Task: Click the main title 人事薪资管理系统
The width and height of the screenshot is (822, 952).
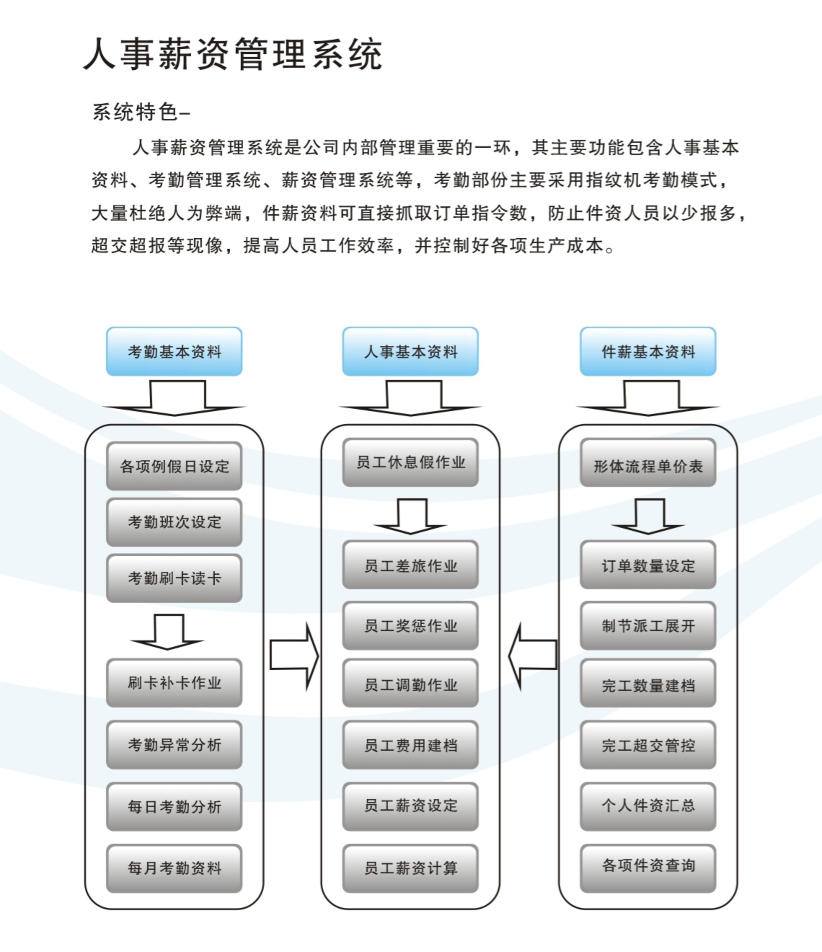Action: (233, 54)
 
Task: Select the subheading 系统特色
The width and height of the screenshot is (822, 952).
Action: (136, 112)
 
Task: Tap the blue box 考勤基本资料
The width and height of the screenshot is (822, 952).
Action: (174, 352)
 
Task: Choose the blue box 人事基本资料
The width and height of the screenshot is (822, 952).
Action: (410, 352)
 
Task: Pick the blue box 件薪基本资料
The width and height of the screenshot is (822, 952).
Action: (648, 352)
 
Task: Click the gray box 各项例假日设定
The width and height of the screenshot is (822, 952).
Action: (174, 466)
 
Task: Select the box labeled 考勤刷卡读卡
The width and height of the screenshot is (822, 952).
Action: (174, 578)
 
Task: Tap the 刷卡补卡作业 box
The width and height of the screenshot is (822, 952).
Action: (174, 682)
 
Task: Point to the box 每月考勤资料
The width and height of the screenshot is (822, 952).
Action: (174, 868)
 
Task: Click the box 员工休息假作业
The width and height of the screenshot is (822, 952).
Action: (410, 462)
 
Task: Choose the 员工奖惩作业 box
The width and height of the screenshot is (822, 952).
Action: (410, 625)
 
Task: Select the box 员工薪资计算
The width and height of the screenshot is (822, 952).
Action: (410, 868)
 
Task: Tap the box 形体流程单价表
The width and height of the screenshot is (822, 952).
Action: (648, 466)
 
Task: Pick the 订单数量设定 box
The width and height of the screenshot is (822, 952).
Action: (648, 565)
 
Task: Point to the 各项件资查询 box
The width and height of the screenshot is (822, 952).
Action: (648, 865)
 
